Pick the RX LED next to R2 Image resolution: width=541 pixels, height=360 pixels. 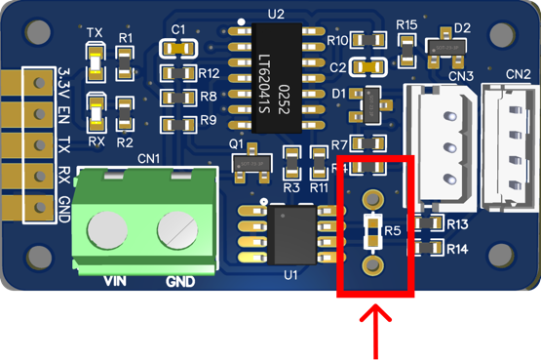click(x=96, y=110)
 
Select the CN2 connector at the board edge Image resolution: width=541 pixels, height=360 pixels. click(x=512, y=141)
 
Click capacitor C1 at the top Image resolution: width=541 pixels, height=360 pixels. click(x=177, y=47)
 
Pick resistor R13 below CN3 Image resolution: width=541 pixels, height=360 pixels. click(x=425, y=224)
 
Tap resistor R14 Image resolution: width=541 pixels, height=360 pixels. click(x=425, y=249)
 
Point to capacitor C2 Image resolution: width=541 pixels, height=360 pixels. click(x=369, y=66)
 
